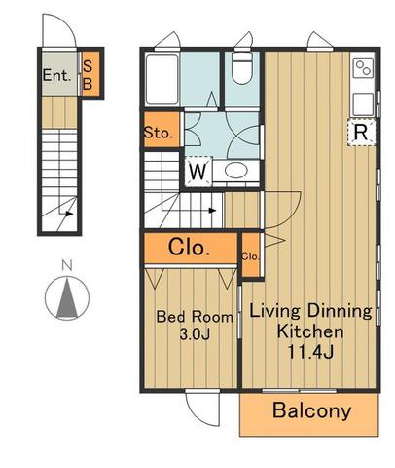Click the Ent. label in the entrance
coord(56,76)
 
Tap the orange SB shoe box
coord(90,73)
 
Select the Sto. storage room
coord(162,130)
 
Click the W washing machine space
coord(198,171)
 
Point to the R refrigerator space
coord(361,133)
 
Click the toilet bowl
coord(241,68)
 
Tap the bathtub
coord(162,79)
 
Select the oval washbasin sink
coord(236,170)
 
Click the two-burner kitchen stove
coord(363,68)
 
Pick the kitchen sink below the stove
coord(363,104)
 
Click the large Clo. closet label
coord(189,248)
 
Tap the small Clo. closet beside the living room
coord(251,255)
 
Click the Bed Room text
coord(195,317)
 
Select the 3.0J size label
coord(195,334)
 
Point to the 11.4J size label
coord(310,352)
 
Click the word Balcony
coord(311,410)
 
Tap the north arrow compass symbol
coord(67,298)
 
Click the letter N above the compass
coord(67,265)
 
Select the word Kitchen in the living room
coord(310,331)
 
